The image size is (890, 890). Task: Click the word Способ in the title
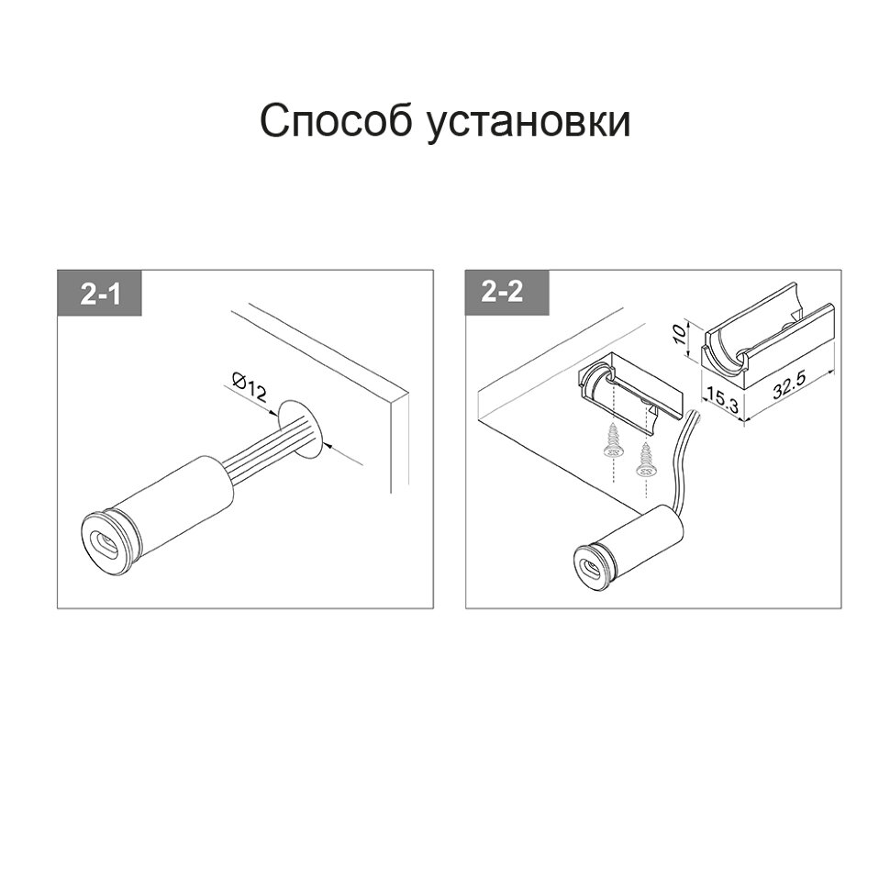334,120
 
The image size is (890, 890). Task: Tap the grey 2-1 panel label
100,293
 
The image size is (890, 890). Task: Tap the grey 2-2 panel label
507,293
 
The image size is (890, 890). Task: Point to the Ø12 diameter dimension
250,386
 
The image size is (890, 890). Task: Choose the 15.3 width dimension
723,397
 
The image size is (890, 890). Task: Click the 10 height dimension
678,336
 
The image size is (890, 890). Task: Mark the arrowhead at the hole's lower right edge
324,445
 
